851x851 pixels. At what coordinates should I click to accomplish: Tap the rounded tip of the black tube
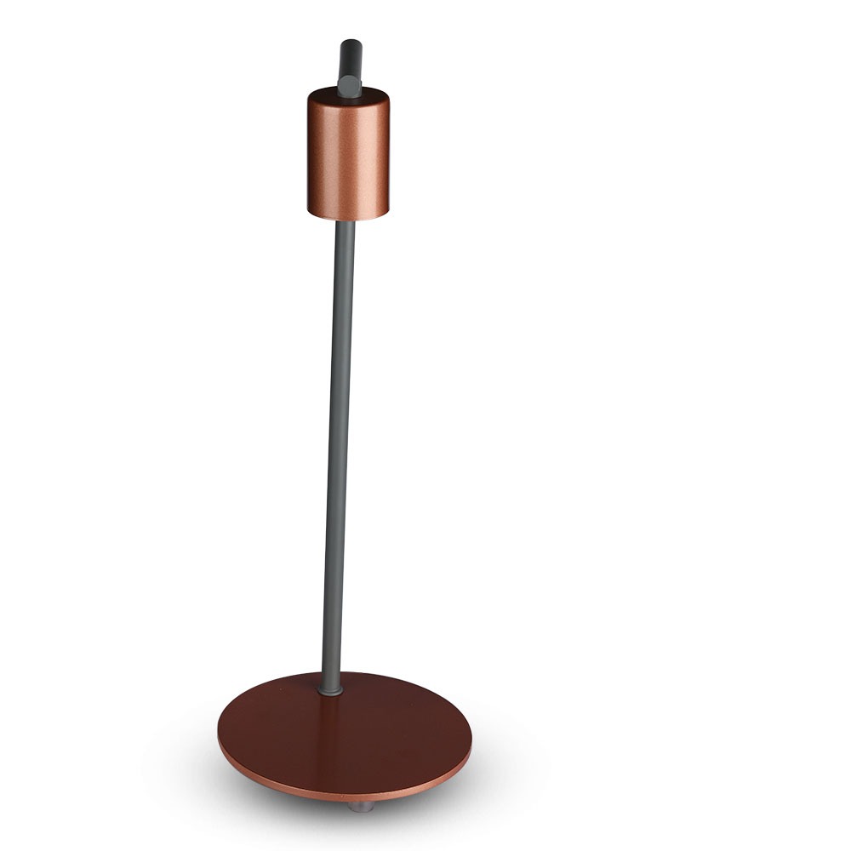point(350,44)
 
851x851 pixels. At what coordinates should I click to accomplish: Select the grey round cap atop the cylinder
point(349,84)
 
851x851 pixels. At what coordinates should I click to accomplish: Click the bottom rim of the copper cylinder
point(347,214)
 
